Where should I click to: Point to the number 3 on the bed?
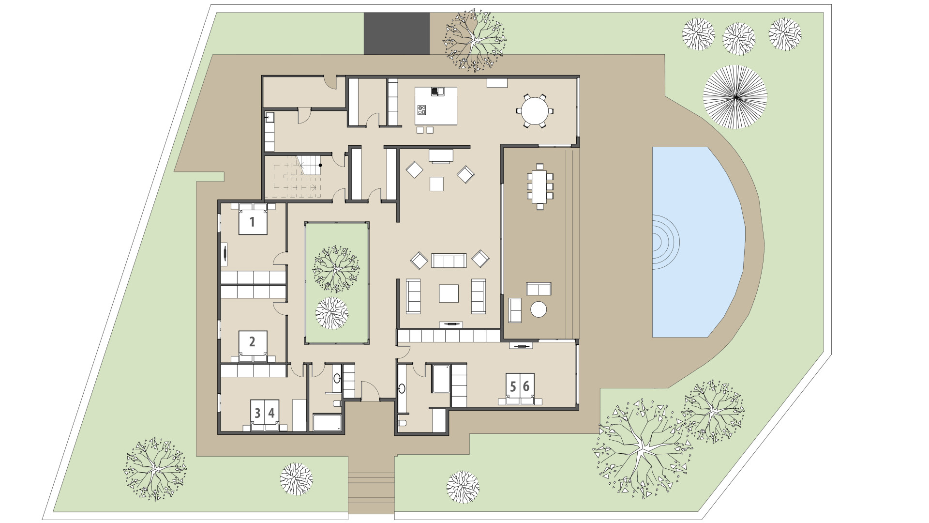coord(257,413)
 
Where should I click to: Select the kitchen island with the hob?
coord(435,107)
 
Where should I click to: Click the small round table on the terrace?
coord(539,309)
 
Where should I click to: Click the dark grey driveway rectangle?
coord(396,33)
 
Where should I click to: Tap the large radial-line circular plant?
coord(734,97)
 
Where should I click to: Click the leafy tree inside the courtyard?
coord(336,268)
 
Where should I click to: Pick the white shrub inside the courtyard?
coord(331,313)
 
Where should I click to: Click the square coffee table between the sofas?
coord(449,292)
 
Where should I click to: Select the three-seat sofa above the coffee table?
coord(449,261)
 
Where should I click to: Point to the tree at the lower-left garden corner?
coord(154,469)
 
